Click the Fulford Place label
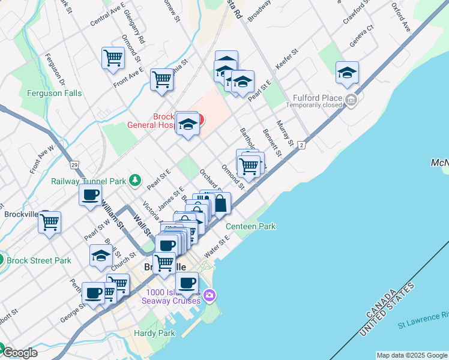pos(318,98)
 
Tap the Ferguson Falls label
pos(54,94)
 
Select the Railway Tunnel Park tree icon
pos(136,179)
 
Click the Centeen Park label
pos(251,226)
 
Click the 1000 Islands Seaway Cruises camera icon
pos(209,295)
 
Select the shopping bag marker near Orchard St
pos(220,203)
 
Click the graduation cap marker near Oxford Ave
pos(347,73)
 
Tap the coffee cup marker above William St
pos(90,195)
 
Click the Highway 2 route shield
pos(301,145)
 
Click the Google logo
pos(19,353)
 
